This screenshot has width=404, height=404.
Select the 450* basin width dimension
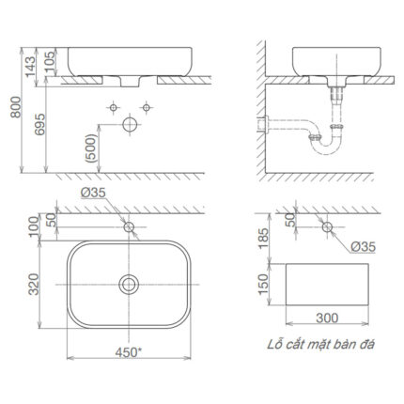pyautogui.click(x=129, y=353)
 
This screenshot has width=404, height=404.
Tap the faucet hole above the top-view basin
pyautogui.click(x=128, y=225)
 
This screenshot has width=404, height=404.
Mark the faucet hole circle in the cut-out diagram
pyautogui.click(x=328, y=225)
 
